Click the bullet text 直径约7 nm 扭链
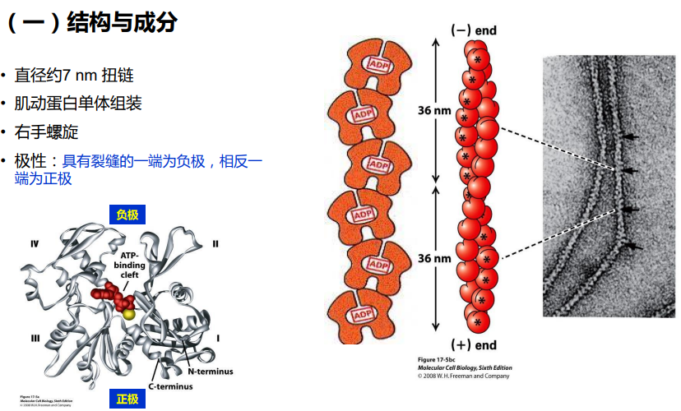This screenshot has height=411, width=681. point(74,76)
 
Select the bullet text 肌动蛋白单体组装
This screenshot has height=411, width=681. point(77,104)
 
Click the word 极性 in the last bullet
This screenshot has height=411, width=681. point(30,160)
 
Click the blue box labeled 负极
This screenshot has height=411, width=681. point(127,215)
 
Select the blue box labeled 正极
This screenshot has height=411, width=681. point(127,399)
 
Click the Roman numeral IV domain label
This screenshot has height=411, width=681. point(35,244)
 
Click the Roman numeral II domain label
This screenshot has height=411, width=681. point(215,243)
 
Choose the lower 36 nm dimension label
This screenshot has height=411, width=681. point(435,258)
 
